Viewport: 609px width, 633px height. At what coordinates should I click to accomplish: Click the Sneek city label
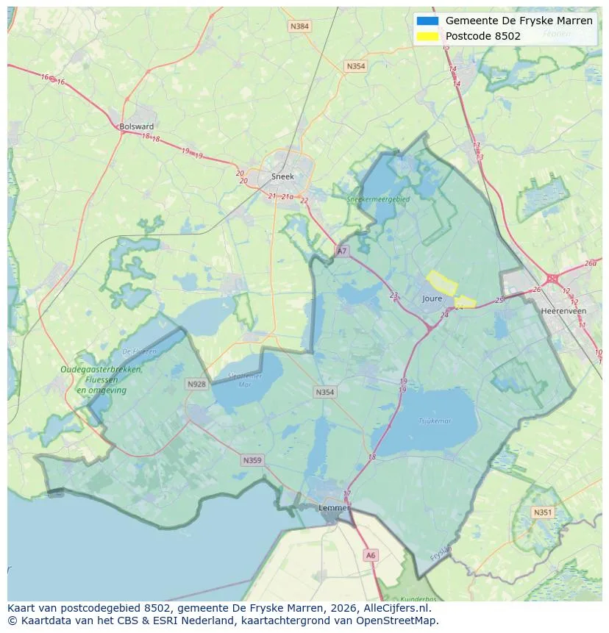coord(282,176)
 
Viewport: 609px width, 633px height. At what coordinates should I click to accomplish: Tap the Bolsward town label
coord(136,126)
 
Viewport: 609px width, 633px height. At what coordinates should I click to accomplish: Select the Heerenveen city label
coord(563,311)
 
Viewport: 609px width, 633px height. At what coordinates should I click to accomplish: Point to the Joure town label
coord(432,298)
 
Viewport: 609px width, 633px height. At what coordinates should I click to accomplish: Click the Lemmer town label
coord(332,507)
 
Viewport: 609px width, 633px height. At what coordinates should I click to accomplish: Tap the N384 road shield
coord(299,26)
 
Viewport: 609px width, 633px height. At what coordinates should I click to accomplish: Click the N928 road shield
coord(196,384)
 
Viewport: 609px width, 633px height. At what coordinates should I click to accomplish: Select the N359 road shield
coord(252,460)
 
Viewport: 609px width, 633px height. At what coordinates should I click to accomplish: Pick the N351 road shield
coord(542,512)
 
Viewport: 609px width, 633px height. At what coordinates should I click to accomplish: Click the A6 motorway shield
coord(371,556)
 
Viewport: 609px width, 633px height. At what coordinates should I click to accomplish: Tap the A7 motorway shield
coord(341,251)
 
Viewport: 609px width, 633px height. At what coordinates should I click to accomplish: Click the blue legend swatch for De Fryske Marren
coord(427,21)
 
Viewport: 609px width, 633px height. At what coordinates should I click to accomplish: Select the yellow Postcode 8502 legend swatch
coord(427,36)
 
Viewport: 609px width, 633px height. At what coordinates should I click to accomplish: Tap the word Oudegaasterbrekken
coord(101,370)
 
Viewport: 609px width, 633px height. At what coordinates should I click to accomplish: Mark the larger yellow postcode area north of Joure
coord(442,281)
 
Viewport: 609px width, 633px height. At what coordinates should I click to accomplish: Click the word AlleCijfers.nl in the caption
coord(399,608)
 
